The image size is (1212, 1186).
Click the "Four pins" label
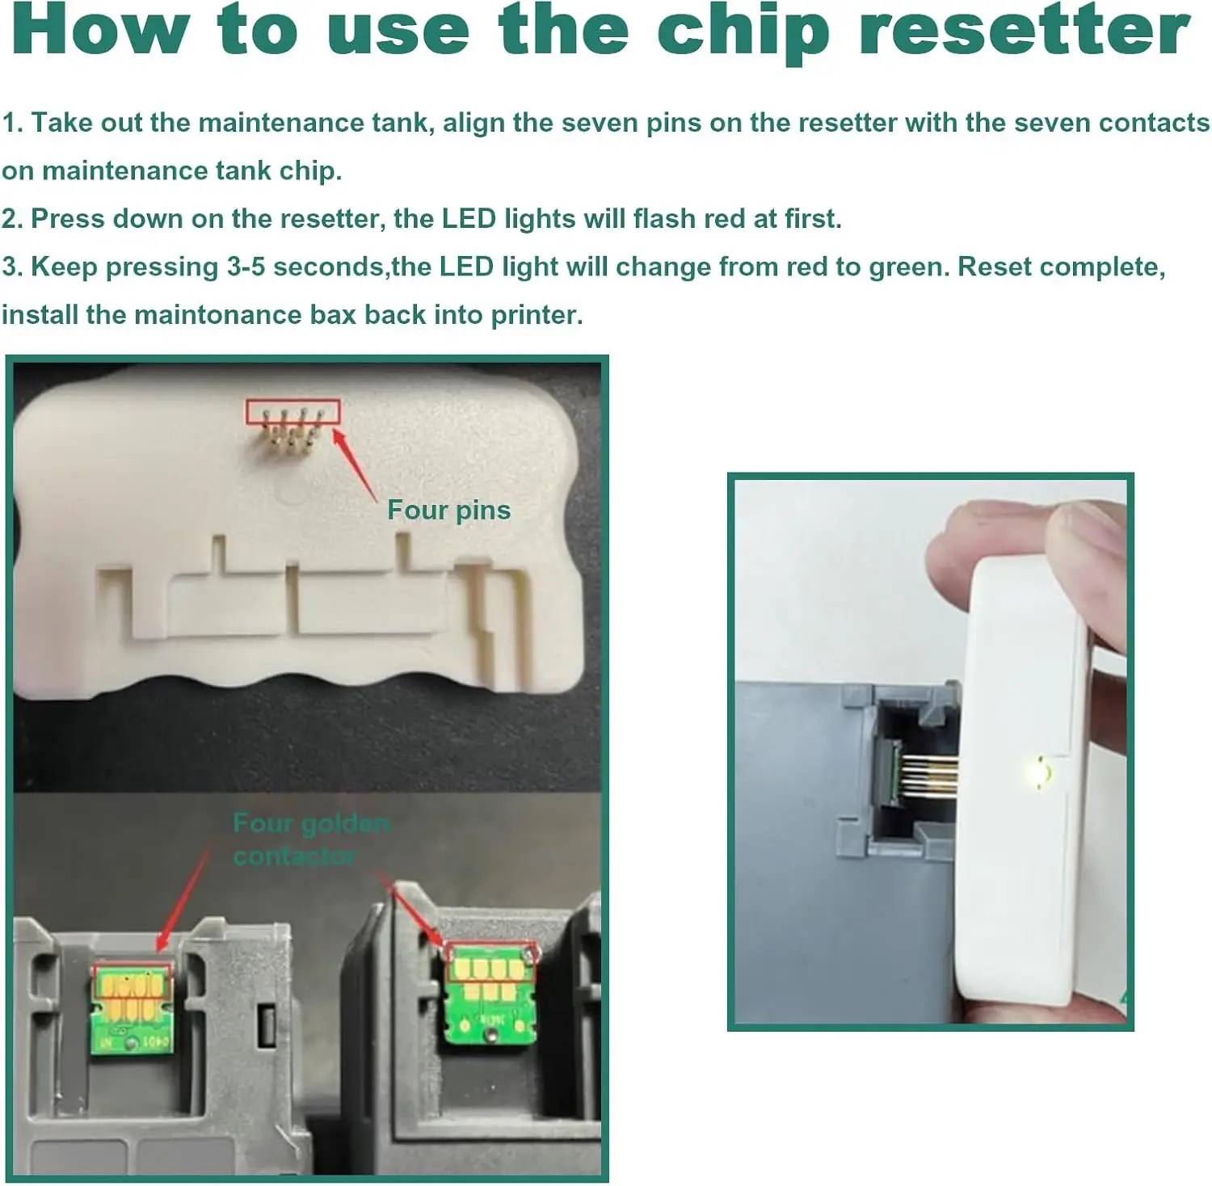(x=448, y=510)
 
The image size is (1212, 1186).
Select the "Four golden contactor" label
(x=311, y=839)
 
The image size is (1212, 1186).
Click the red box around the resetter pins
(x=292, y=412)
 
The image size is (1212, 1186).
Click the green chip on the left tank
(x=133, y=1007)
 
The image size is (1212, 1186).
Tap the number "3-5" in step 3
(x=246, y=267)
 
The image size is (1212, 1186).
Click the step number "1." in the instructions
(x=12, y=123)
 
